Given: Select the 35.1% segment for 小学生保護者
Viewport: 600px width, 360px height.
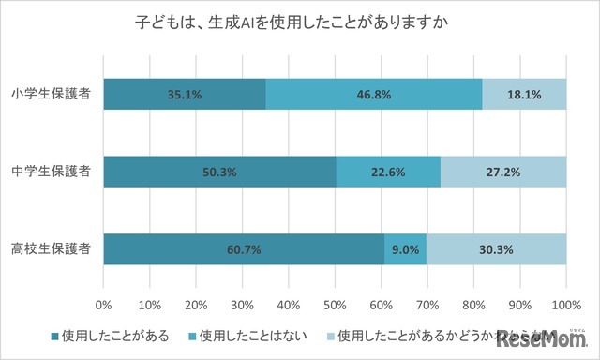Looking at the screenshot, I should [x=185, y=95].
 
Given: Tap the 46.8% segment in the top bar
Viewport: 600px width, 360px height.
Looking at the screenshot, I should [x=373, y=95].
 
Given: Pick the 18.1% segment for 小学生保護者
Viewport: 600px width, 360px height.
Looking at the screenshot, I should [x=524, y=95].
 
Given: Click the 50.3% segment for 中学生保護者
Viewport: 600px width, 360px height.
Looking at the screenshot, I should [x=219, y=172].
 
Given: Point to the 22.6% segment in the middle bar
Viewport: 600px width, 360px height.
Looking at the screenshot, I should [x=388, y=172].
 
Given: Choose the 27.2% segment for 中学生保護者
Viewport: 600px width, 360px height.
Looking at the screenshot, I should [x=503, y=172].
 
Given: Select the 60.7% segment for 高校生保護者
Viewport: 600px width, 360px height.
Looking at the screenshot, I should [x=244, y=249].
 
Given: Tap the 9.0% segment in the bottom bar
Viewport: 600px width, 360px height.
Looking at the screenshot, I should [x=405, y=249].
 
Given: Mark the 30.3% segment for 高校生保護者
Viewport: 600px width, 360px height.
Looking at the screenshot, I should [x=497, y=249].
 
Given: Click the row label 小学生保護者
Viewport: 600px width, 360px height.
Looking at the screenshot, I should [x=52, y=95].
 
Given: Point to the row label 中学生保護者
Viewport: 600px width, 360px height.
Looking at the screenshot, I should [x=52, y=172].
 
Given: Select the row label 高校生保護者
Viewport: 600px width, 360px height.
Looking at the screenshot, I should [x=52, y=249].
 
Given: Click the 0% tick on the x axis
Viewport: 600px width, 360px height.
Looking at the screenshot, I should [x=104, y=305].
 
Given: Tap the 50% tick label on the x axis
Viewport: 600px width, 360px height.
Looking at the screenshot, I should [x=336, y=305].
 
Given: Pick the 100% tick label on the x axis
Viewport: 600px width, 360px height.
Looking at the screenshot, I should [x=566, y=305].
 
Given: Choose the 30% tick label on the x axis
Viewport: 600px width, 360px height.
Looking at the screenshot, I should [x=243, y=305].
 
